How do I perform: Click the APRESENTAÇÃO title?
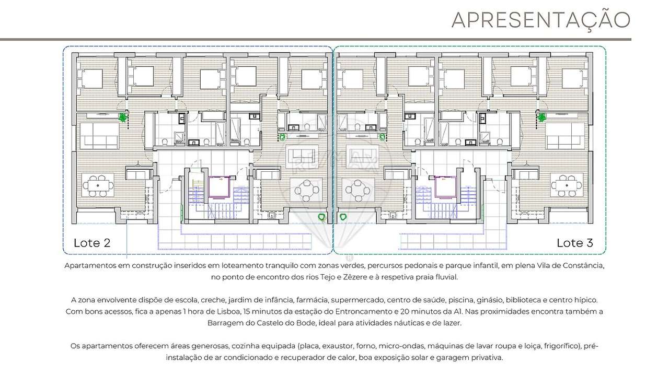(541, 19)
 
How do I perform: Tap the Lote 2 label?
(92, 243)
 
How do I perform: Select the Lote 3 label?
(574, 243)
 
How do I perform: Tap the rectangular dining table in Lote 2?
(98, 186)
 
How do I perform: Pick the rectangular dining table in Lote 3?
(566, 186)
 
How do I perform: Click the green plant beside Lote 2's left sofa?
(123, 118)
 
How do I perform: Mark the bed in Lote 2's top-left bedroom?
(91, 78)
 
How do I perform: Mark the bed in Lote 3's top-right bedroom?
(572, 78)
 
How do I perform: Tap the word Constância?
(584, 266)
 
